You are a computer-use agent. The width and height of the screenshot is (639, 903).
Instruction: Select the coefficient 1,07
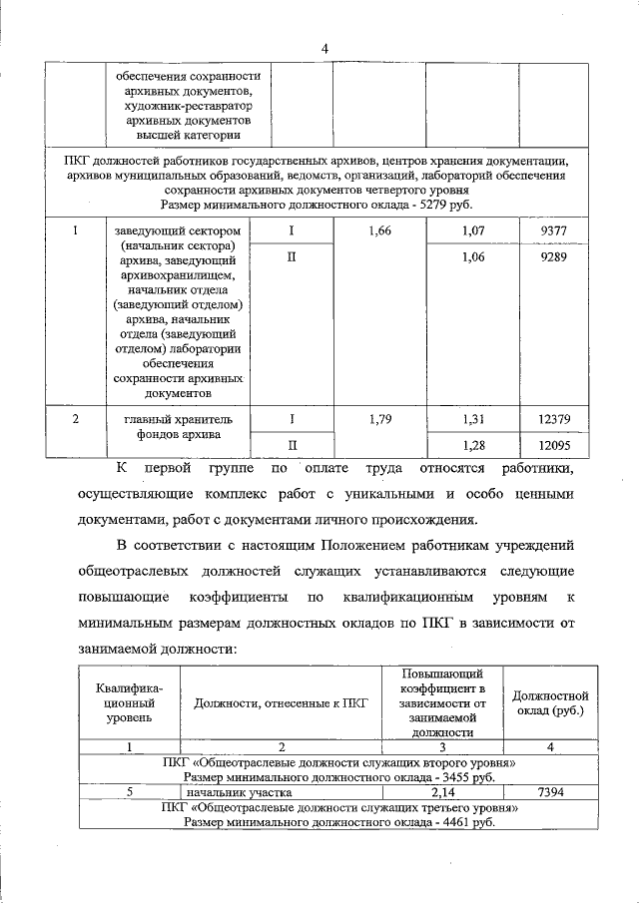coord(473,231)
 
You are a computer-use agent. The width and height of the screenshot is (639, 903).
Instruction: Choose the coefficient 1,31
coord(473,418)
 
